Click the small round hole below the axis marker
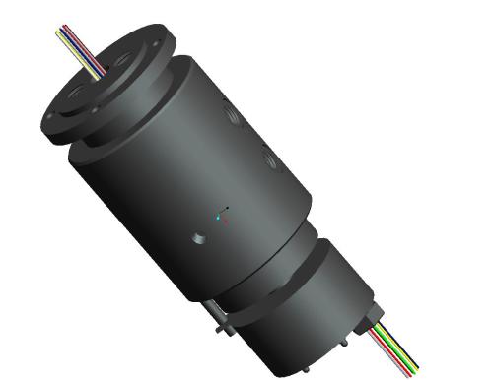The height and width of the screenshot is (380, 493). [x=198, y=237]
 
